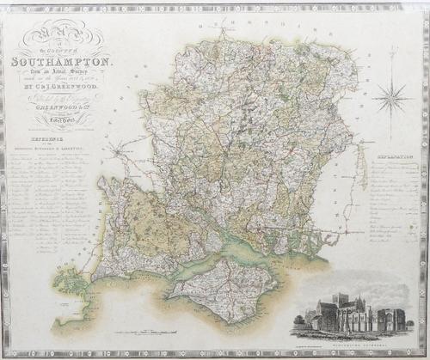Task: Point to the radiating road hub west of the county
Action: (x=115, y=152)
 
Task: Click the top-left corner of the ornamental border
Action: (x=5, y=5)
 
